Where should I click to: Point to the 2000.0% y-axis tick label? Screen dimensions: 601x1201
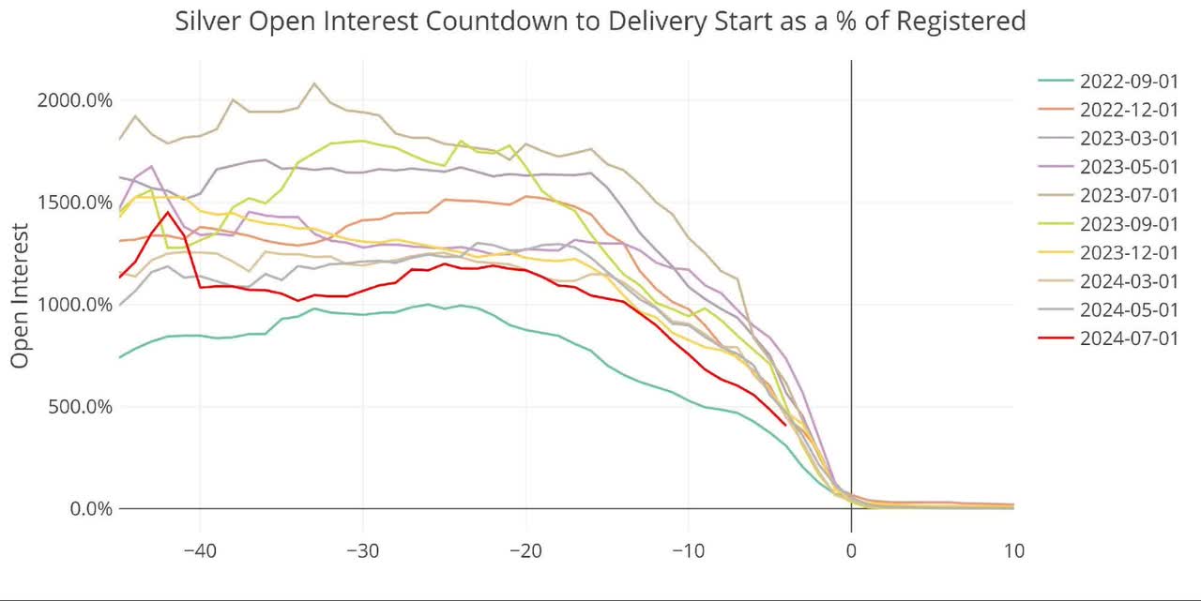point(75,100)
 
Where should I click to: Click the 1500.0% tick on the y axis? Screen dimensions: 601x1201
point(75,203)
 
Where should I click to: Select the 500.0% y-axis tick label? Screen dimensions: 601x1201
point(81,407)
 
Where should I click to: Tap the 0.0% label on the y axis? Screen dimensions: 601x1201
point(92,509)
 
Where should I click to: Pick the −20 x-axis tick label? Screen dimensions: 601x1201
point(525,549)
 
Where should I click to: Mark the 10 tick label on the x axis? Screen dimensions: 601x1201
point(1013,549)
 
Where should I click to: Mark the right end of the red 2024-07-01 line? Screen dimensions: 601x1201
point(785,424)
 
